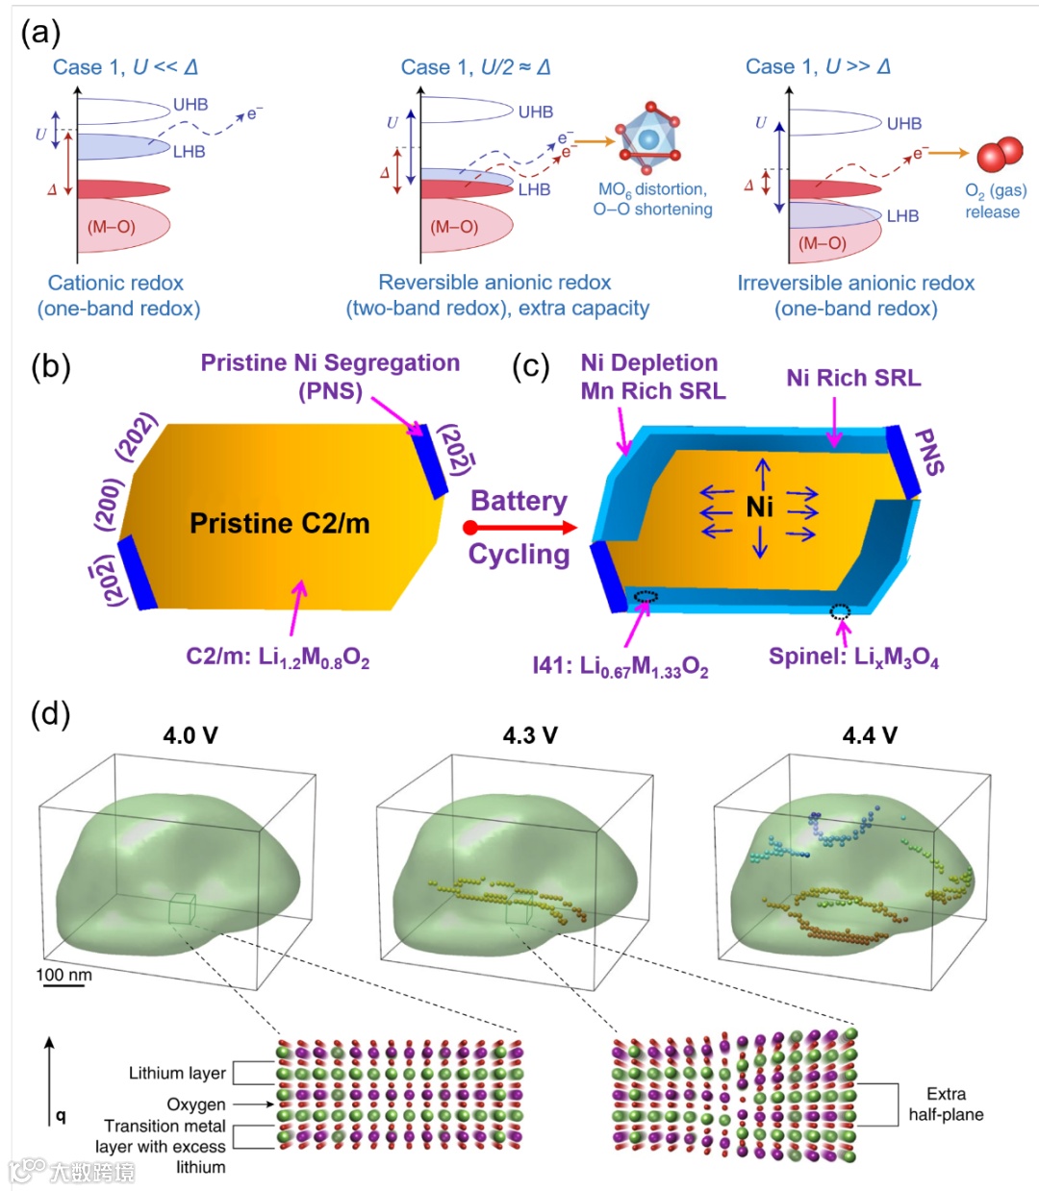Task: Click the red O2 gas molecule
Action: (1000, 154)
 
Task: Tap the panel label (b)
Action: (51, 366)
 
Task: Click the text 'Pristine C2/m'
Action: (279, 523)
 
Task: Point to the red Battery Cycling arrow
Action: (519, 527)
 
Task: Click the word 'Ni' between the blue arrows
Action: (760, 507)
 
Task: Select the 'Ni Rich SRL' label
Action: (853, 378)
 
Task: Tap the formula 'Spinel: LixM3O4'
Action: (853, 657)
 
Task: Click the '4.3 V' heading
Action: (530, 735)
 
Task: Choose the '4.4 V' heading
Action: (870, 735)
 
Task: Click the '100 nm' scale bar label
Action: (64, 975)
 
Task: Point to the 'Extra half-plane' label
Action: (946, 1104)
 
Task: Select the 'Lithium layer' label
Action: (177, 1073)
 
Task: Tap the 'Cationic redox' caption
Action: (116, 283)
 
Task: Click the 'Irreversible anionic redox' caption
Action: (855, 283)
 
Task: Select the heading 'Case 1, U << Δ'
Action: (125, 66)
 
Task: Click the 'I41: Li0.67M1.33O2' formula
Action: (621, 666)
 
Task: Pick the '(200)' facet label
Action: (108, 504)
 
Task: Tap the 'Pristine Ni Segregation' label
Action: (330, 363)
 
